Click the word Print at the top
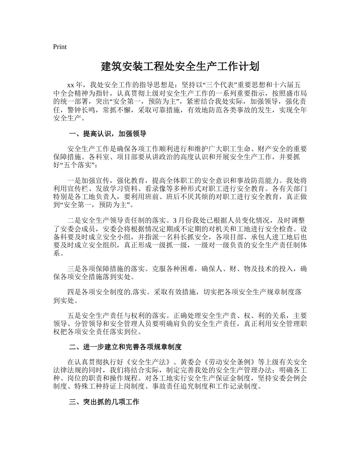click(60, 47)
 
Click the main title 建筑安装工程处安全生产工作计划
click(180, 67)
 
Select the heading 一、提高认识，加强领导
click(108, 134)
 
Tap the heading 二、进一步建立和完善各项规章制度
click(125, 347)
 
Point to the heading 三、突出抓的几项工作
click(104, 402)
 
